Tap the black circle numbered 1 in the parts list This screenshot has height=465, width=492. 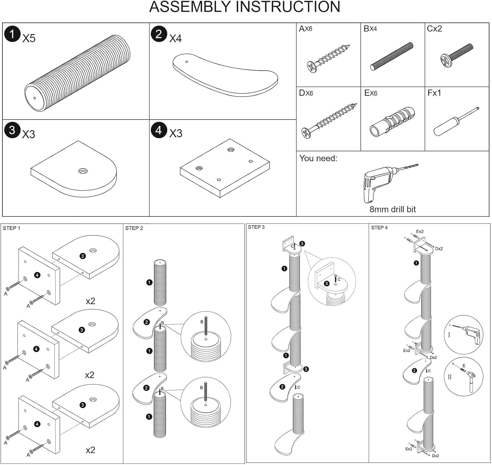[x=12, y=34]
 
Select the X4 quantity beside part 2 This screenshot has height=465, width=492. [x=175, y=39]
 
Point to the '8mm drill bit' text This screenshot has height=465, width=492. [x=393, y=209]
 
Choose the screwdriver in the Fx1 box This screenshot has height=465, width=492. [x=456, y=122]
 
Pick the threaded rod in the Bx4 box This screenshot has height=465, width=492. [x=392, y=56]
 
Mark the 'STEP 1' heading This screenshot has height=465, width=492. [x=11, y=228]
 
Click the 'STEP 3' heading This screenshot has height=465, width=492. [x=256, y=227]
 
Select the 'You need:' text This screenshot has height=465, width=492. [x=318, y=158]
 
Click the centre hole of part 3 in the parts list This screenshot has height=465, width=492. [x=83, y=171]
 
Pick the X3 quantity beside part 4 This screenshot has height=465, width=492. [x=175, y=134]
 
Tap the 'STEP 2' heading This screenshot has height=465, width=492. [x=134, y=228]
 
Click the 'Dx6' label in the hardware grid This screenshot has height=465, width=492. [x=306, y=93]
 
